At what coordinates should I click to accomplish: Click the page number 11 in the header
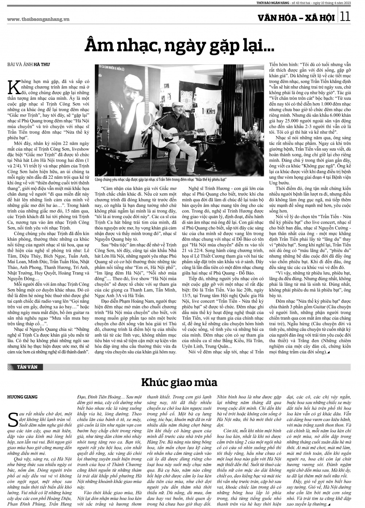(x=346, y=16)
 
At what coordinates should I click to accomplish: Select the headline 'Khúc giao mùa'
(x=179, y=382)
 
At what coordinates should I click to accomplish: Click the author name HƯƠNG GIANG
(x=22, y=397)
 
